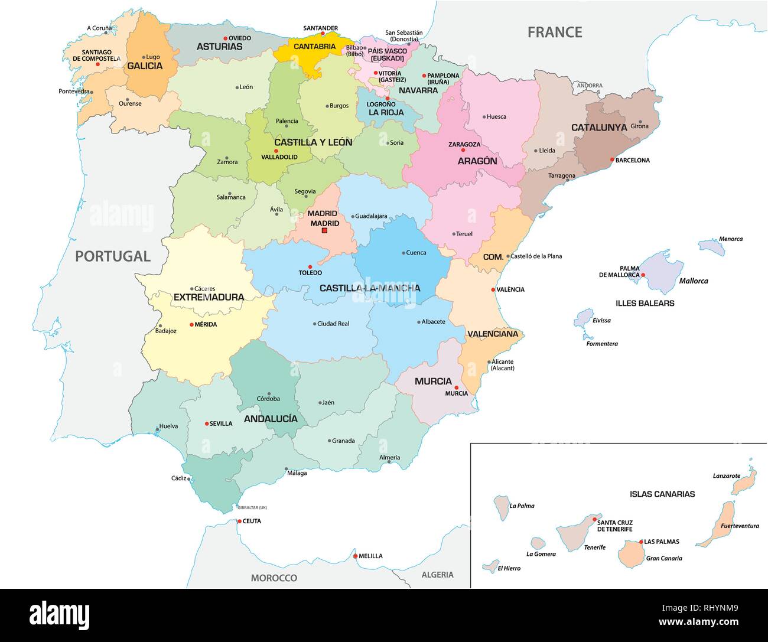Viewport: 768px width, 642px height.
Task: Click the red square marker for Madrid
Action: tap(324, 231)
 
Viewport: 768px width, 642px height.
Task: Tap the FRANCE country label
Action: tap(555, 32)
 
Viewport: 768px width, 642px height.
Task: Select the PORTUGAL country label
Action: tap(112, 256)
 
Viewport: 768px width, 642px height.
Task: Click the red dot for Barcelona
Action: tap(612, 160)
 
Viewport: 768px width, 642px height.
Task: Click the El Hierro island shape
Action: tap(490, 566)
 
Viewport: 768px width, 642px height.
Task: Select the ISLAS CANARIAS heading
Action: tap(662, 494)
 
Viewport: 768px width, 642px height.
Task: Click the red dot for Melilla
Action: tap(355, 556)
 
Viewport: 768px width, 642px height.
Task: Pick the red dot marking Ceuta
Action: tap(239, 521)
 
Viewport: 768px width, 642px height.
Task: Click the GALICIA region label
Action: tap(145, 66)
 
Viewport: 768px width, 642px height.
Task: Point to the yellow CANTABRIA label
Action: tap(314, 46)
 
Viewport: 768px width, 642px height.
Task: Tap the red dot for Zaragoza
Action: tap(463, 150)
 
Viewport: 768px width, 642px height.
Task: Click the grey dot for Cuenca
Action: tap(403, 253)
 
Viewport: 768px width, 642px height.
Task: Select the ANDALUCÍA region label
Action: tap(271, 418)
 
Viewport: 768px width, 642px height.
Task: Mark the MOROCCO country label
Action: tap(274, 578)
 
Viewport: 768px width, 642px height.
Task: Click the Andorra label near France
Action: tap(590, 86)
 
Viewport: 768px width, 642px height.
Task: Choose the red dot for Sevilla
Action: tap(207, 423)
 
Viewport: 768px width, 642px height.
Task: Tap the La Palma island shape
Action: tap(502, 504)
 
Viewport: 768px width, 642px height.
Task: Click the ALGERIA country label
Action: tap(437, 575)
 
